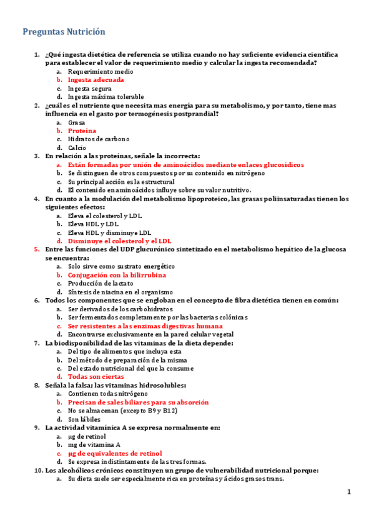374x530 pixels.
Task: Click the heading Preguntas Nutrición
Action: tap(64, 31)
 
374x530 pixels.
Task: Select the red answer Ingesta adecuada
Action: tap(96, 80)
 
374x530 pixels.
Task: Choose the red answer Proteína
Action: tap(82, 131)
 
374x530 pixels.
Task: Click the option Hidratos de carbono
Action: tap(98, 139)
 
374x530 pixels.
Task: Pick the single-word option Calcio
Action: tap(77, 148)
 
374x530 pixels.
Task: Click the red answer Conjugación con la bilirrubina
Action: tap(117, 275)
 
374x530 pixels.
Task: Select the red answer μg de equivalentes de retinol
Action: tap(115, 453)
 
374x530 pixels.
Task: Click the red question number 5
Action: tap(36, 249)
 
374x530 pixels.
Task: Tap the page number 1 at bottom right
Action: tap(350, 493)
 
